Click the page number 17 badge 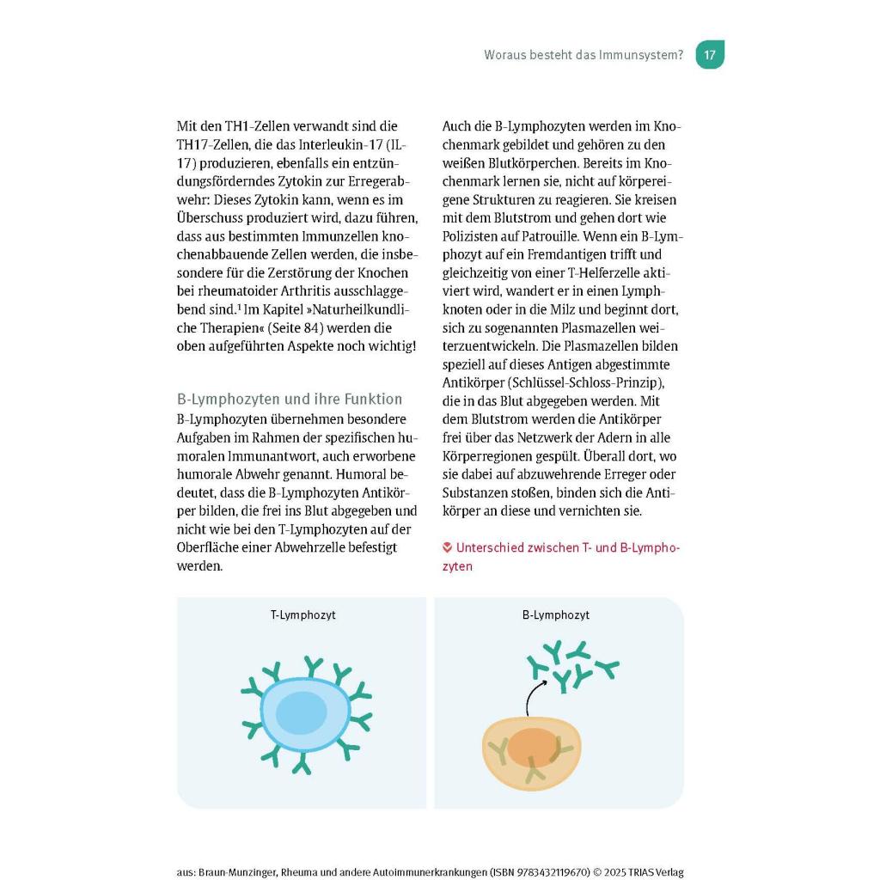[x=709, y=55]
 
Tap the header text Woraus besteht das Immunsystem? [x=584, y=55]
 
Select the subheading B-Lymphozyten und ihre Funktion [x=290, y=400]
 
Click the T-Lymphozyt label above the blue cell [x=302, y=615]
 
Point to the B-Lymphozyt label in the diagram [x=556, y=615]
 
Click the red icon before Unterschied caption [x=447, y=547]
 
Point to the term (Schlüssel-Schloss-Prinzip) [x=590, y=382]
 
